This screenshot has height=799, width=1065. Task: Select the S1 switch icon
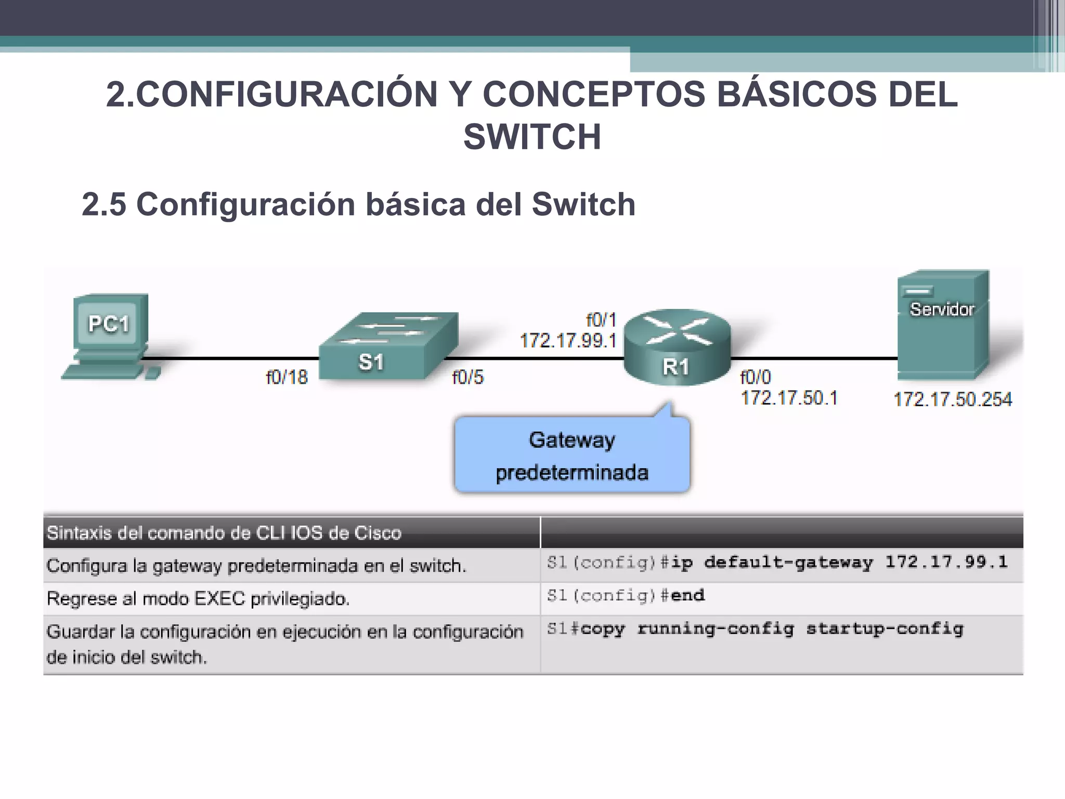point(388,346)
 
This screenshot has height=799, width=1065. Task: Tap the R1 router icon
point(677,347)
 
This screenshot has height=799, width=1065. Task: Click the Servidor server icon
point(942,325)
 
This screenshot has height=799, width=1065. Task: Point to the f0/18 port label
point(287,377)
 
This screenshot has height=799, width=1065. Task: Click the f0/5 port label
point(467,377)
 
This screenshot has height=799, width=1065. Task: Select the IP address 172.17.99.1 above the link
point(568,341)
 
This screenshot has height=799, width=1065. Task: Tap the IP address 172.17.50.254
point(953,399)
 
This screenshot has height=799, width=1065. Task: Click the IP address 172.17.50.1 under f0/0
point(789,398)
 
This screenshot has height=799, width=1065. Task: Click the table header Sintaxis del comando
point(224,533)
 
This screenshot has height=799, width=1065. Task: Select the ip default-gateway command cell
point(777,563)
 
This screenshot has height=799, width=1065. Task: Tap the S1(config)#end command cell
point(626,596)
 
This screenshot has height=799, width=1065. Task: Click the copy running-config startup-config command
point(755,629)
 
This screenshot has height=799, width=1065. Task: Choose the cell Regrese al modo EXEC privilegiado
point(198,599)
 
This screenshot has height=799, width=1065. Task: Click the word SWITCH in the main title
point(532,137)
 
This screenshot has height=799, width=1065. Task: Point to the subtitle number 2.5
point(103,204)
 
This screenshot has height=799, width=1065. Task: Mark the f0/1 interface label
point(601,319)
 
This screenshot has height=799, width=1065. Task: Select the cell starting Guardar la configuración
point(284,644)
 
